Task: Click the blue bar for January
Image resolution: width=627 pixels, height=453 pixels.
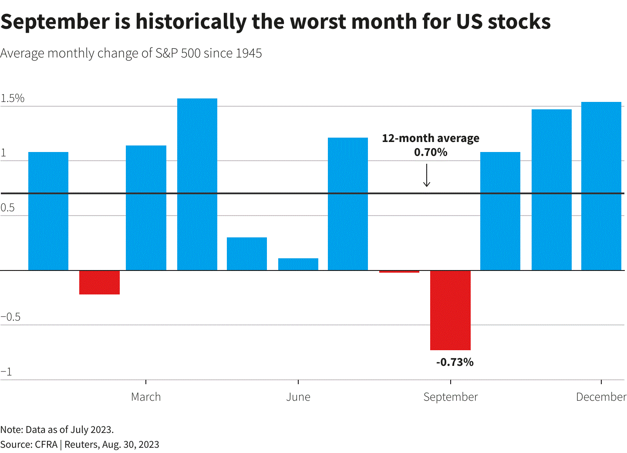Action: click(x=48, y=211)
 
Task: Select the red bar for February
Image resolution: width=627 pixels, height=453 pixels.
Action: click(x=99, y=282)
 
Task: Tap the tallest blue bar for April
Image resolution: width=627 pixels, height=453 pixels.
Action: click(x=197, y=184)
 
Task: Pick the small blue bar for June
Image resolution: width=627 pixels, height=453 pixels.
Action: click(x=298, y=264)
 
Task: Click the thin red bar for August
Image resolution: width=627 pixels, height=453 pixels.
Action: click(x=399, y=271)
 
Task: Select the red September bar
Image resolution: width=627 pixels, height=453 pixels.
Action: click(x=450, y=310)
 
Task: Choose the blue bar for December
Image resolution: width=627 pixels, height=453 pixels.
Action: click(x=601, y=186)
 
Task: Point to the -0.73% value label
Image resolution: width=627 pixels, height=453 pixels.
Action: click(x=455, y=362)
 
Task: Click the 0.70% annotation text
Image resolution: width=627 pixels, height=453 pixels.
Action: click(x=431, y=152)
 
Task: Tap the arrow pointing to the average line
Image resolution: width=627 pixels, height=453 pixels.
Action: click(x=427, y=176)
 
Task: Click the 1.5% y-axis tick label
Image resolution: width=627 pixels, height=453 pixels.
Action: click(x=13, y=98)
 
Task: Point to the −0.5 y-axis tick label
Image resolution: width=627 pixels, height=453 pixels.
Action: click(x=11, y=317)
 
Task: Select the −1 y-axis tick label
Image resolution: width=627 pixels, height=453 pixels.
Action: click(x=7, y=372)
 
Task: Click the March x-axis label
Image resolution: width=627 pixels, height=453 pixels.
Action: click(x=146, y=397)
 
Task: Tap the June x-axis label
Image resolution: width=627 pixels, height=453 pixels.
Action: click(x=298, y=397)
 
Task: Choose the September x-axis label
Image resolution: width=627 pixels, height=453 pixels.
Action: click(x=451, y=397)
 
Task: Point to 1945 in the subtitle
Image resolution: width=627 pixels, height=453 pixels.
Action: click(x=249, y=53)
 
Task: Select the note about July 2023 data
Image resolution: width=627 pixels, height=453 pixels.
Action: click(x=57, y=429)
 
